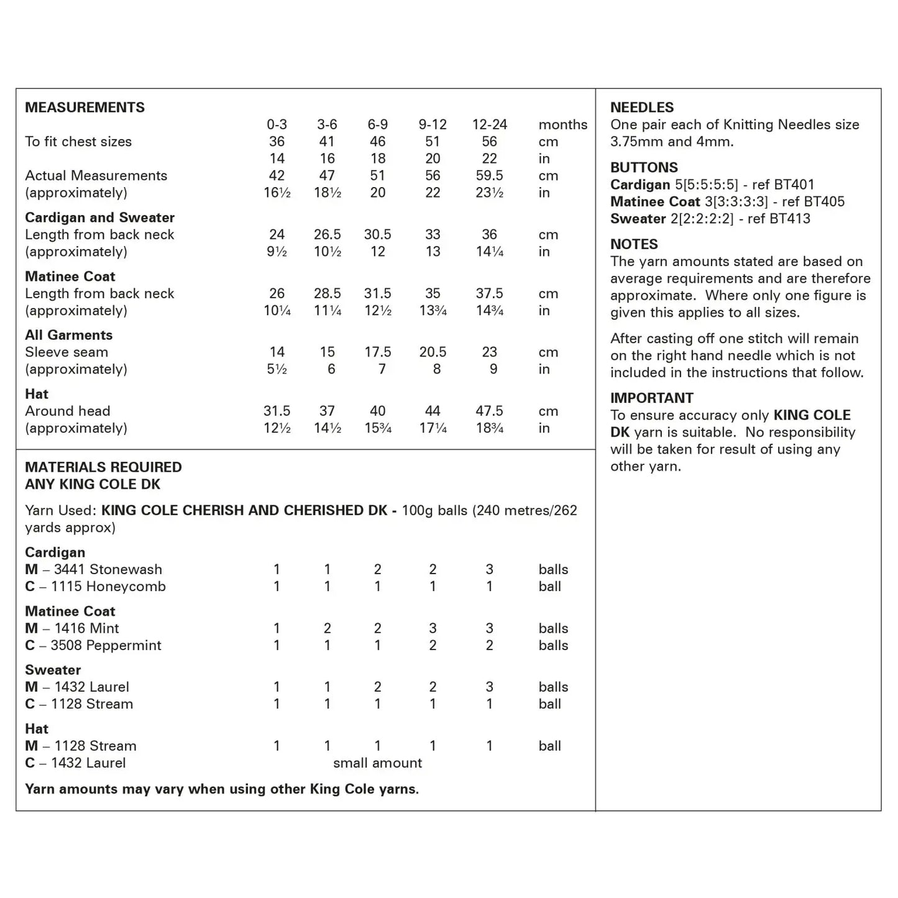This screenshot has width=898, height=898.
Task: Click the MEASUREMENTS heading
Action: pos(85,108)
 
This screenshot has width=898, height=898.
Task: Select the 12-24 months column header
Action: pos(489,125)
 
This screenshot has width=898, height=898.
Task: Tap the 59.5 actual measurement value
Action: pos(489,176)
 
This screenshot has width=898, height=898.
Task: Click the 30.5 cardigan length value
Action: pos(377,235)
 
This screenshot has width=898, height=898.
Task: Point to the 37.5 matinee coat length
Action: pos(489,293)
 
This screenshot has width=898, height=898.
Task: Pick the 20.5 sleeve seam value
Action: pos(433,352)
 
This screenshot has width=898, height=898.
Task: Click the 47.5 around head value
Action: pos(489,411)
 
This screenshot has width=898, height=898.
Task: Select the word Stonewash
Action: pos(126,569)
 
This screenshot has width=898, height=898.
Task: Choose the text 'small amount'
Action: pos(377,763)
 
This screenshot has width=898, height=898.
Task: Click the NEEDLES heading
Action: pos(642,108)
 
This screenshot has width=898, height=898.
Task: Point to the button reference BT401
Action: pos(792,185)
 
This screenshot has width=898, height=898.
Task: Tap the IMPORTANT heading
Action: pos(651,398)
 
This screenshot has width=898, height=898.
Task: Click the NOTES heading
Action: pos(634,245)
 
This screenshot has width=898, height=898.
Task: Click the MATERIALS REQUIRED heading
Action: pos(103,467)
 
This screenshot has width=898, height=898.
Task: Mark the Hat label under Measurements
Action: pos(37,394)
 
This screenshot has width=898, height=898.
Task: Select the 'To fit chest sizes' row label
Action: pos(78,142)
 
